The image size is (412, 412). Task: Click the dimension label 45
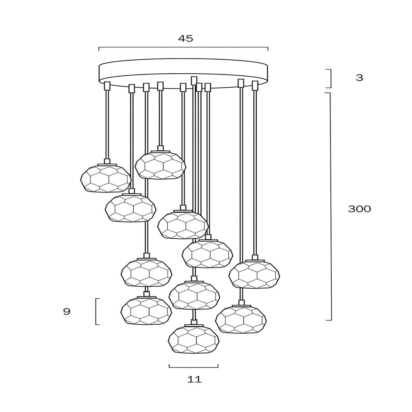[185, 39]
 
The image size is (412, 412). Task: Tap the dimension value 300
[359, 209]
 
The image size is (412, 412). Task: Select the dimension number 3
[359, 77]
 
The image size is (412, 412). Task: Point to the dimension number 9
[67, 311]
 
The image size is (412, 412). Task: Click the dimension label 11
[194, 379]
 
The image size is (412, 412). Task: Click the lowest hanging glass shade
[194, 340]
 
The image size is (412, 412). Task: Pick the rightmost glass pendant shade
[254, 274]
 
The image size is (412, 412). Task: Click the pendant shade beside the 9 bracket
[146, 311]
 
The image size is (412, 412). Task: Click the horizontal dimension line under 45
[183, 47]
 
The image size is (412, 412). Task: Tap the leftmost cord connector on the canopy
[107, 86]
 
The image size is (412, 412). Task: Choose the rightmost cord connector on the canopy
[255, 85]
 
